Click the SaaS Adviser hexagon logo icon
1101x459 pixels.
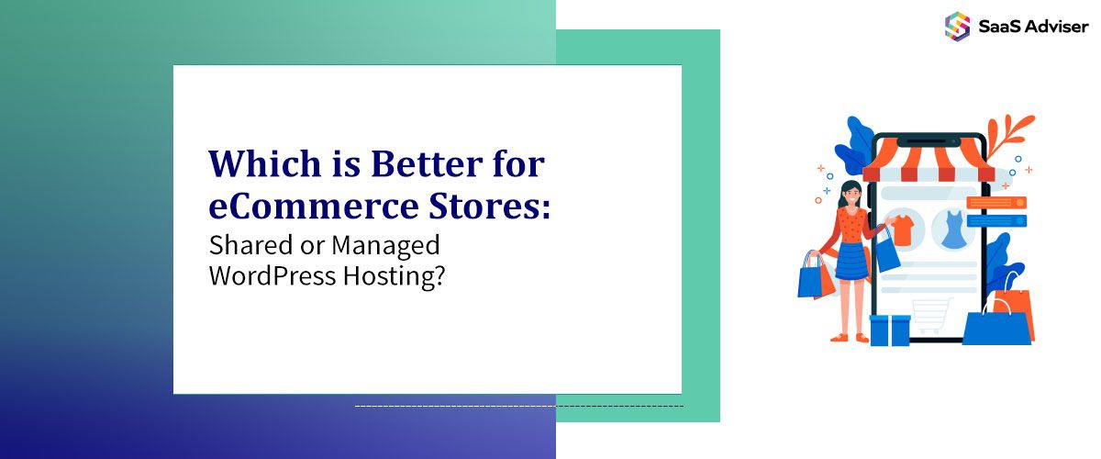pos(957,26)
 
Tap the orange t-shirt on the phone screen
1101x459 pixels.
pos(903,229)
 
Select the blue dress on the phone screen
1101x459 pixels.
pos(952,229)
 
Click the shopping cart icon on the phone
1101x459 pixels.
pos(931,315)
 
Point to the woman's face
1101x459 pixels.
pos(850,195)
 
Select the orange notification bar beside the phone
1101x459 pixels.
pos(995,203)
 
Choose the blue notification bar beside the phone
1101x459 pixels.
pos(995,220)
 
